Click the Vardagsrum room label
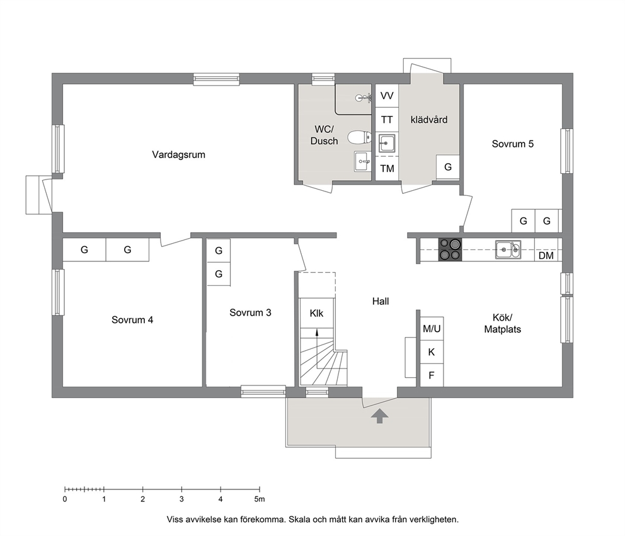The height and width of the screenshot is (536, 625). tap(178, 154)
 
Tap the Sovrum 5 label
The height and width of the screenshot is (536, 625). tap(513, 144)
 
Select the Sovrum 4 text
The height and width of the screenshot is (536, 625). tap(132, 320)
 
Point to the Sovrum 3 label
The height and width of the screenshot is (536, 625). tap(250, 313)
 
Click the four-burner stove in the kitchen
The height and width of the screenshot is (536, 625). tap(450, 249)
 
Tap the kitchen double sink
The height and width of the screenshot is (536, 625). tap(508, 249)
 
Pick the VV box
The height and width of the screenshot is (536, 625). tap(387, 96)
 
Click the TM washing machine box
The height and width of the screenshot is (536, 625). tap(387, 169)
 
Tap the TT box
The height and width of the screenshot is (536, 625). tap(387, 120)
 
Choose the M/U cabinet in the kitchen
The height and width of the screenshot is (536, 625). tap(432, 329)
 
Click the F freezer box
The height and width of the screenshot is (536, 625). tap(432, 375)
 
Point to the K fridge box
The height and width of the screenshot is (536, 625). tap(432, 352)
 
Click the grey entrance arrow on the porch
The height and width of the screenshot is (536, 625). tap(379, 416)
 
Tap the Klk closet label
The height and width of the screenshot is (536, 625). tap(316, 314)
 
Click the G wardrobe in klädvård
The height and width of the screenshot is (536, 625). tap(447, 167)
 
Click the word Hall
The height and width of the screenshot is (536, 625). tap(381, 302)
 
